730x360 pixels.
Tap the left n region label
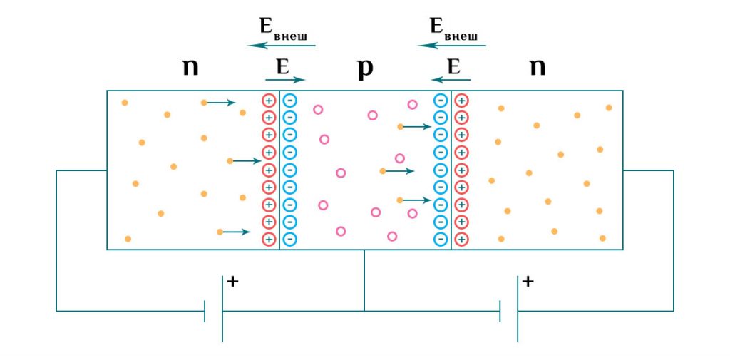click(190, 68)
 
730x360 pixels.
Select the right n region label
click(538, 68)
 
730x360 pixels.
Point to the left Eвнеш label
click(283, 27)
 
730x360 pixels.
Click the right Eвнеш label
click(453, 27)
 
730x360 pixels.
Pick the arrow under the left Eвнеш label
click(282, 46)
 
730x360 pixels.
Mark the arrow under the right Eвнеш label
click(452, 46)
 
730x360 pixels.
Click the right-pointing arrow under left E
click(285, 80)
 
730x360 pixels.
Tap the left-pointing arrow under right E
click(451, 80)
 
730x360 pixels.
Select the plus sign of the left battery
click(232, 282)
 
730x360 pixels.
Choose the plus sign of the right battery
click(528, 282)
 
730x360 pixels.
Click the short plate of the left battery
click(205, 311)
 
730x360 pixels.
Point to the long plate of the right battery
click(518, 309)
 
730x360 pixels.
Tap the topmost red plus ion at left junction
click(269, 100)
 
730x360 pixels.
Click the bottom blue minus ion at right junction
click(441, 240)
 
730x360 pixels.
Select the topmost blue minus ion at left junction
click(289, 100)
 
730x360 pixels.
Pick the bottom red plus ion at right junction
click(461, 240)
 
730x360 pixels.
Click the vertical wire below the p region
click(364, 280)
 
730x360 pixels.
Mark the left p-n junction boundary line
click(279, 170)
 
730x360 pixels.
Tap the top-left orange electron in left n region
click(125, 103)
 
